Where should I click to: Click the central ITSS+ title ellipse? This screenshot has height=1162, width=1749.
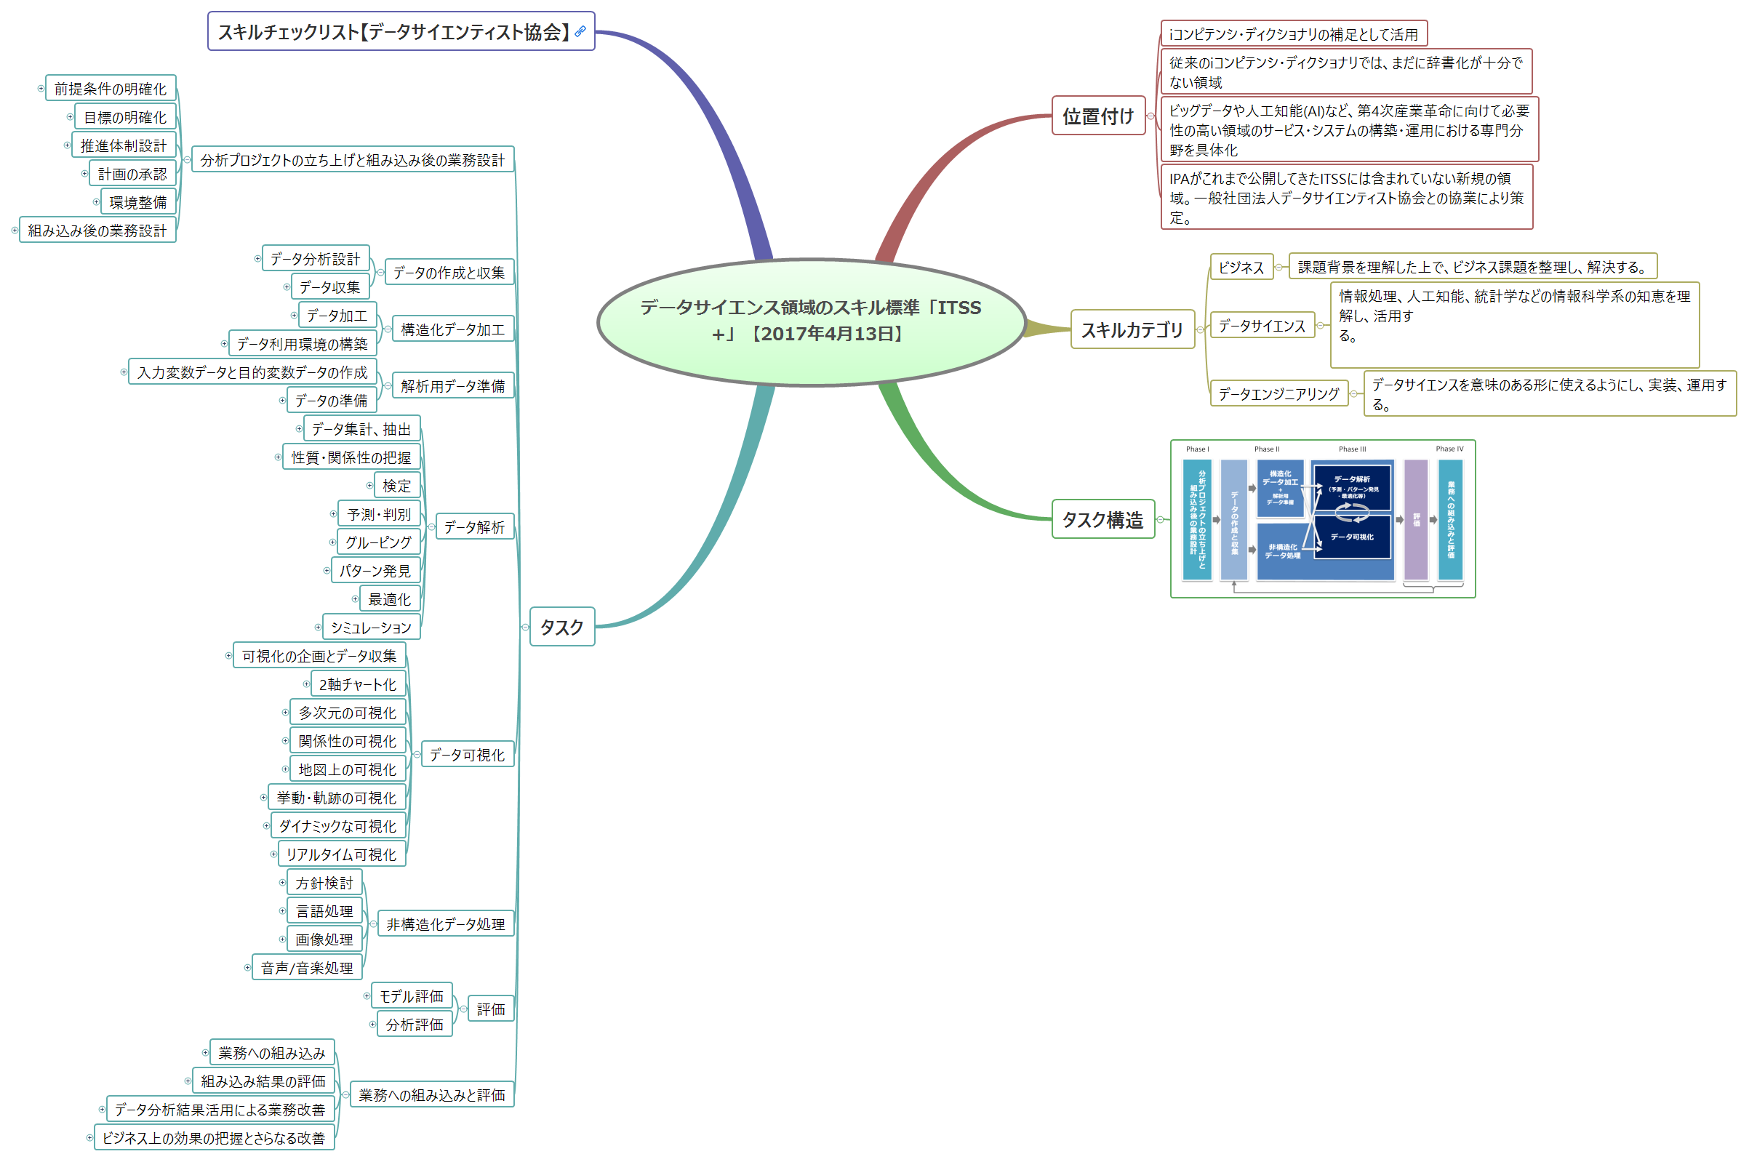pyautogui.click(x=811, y=321)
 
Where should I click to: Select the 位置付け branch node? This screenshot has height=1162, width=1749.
pyautogui.click(x=1097, y=116)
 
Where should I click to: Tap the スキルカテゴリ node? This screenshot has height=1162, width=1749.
pyautogui.click(x=1132, y=330)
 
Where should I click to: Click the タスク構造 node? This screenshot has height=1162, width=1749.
pyautogui.click(x=1102, y=519)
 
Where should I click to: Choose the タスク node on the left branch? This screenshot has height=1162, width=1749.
pyautogui.click(x=561, y=627)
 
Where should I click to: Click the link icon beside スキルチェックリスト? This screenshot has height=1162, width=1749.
pyautogui.click(x=580, y=31)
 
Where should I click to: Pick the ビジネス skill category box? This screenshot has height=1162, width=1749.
pyautogui.click(x=1241, y=267)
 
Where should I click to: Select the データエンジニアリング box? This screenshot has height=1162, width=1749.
pyautogui.click(x=1278, y=393)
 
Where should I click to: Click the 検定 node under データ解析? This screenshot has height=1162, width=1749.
pyautogui.click(x=396, y=486)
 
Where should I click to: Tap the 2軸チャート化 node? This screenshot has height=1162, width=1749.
pyautogui.click(x=357, y=684)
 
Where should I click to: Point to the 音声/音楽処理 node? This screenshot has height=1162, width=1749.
pyautogui.click(x=307, y=968)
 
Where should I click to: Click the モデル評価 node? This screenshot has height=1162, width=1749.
pyautogui.click(x=412, y=996)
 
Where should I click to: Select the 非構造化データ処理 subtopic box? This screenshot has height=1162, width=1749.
pyautogui.click(x=445, y=924)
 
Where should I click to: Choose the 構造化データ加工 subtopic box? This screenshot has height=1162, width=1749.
pyautogui.click(x=452, y=329)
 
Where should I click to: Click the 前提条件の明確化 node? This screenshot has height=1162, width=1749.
pyautogui.click(x=111, y=88)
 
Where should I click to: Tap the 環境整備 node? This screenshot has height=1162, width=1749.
pyautogui.click(x=138, y=201)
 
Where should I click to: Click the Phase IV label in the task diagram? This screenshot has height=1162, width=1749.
pyautogui.click(x=1449, y=449)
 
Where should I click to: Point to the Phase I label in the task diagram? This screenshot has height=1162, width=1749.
pyautogui.click(x=1197, y=449)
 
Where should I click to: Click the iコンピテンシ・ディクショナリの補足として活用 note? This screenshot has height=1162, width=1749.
pyautogui.click(x=1293, y=34)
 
